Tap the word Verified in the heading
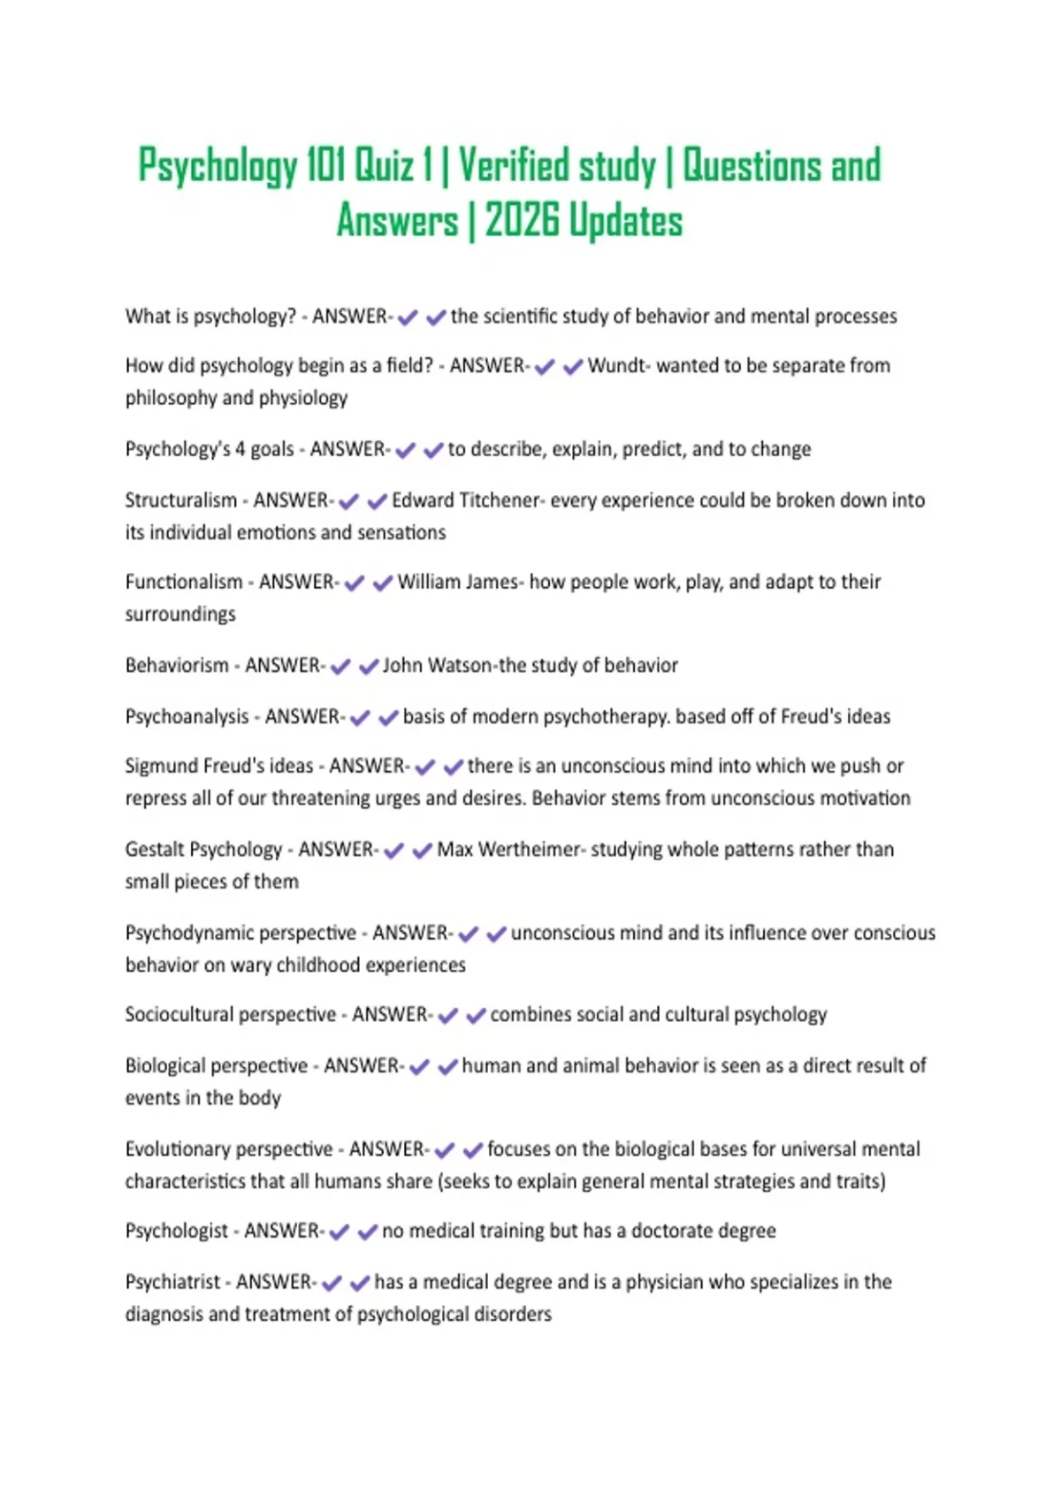(x=513, y=165)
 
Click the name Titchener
(x=497, y=500)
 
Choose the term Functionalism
(x=184, y=582)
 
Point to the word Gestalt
(x=154, y=850)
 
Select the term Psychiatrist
(x=172, y=1282)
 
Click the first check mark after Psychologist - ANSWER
(x=340, y=1232)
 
